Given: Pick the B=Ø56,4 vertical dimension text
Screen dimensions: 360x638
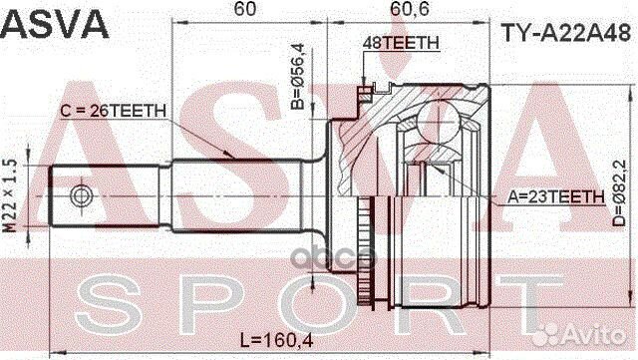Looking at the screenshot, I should point(296,75).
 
